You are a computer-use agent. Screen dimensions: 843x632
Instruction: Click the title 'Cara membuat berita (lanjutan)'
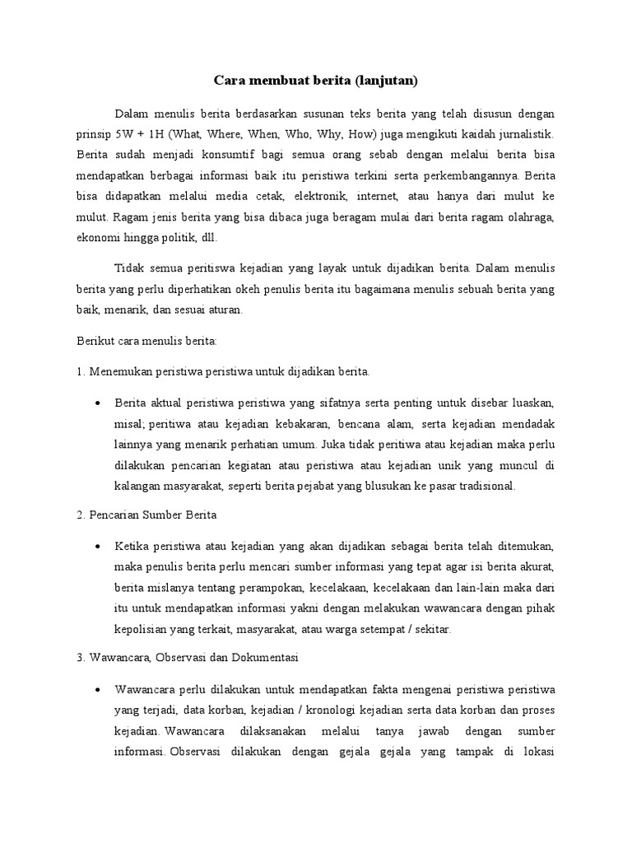[x=316, y=81]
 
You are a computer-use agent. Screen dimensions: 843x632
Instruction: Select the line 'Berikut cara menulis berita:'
[x=146, y=341]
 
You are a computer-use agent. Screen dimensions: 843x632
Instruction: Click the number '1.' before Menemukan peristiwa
[x=81, y=372]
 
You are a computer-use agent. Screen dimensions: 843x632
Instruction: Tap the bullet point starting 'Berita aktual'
[x=98, y=403]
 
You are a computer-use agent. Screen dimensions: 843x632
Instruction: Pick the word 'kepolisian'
[x=142, y=630]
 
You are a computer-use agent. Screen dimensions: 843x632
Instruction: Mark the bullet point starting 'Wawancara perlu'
[x=98, y=688]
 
